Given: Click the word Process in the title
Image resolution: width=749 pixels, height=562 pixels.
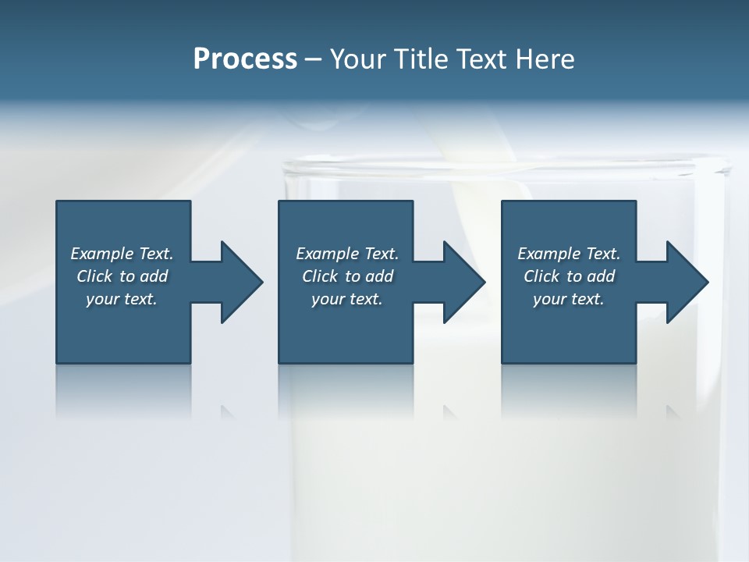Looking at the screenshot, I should point(245,59).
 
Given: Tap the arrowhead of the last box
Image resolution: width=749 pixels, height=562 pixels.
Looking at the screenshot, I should point(687,282).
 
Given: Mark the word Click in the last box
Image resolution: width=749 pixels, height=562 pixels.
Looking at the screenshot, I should point(542,276).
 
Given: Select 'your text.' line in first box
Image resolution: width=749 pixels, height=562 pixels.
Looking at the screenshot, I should point(122,299).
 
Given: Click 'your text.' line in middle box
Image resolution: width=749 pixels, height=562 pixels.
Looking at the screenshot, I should point(347,299).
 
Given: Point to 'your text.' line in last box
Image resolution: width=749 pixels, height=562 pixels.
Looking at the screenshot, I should point(569,299).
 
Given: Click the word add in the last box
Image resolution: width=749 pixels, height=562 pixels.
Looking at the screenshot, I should point(602,276).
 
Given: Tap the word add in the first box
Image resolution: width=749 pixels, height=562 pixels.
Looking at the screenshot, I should point(154,276).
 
